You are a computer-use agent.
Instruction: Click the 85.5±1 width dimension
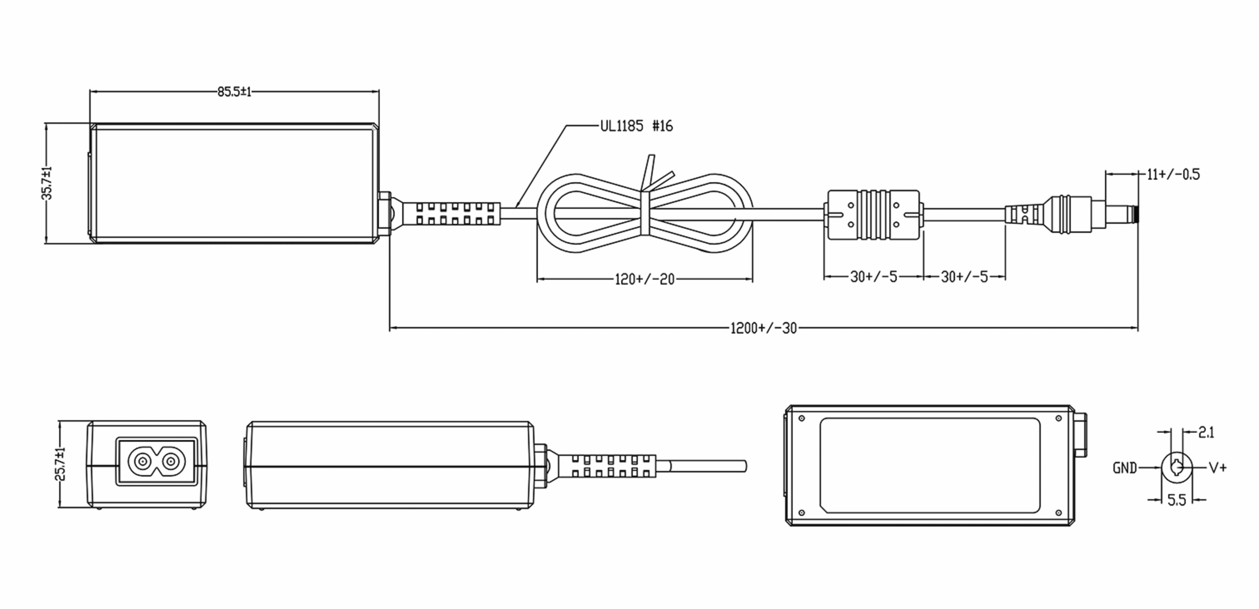tap(234, 92)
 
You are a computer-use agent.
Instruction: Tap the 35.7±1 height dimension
tap(47, 183)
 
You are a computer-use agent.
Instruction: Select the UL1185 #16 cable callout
tap(636, 126)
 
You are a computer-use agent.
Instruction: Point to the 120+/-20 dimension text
tap(645, 279)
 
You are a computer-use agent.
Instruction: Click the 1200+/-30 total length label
tap(764, 329)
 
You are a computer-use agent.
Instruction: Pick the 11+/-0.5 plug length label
tap(1173, 175)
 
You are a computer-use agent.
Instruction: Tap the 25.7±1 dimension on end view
tap(61, 464)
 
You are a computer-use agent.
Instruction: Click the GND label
tap(1125, 468)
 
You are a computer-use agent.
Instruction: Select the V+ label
tap(1218, 468)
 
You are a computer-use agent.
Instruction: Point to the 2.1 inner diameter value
tap(1206, 433)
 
